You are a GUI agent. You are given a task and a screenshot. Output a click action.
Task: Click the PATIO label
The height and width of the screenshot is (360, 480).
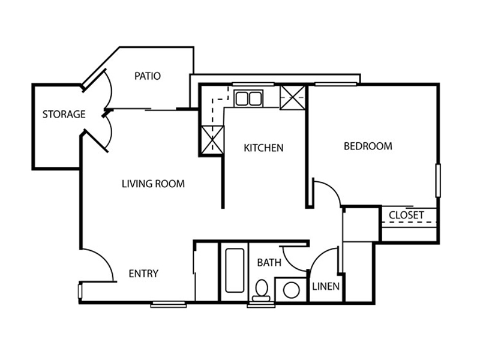point(148,76)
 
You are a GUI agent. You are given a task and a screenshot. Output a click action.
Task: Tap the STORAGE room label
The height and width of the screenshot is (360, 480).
point(64,114)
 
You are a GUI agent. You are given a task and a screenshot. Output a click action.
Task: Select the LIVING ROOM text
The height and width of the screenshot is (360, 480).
point(153,184)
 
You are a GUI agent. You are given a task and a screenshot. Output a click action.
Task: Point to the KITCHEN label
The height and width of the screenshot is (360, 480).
point(263,148)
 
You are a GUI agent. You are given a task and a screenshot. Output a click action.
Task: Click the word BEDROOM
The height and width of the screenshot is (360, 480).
point(368,146)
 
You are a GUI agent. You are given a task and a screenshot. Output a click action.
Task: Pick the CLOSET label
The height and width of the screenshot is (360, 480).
point(407,215)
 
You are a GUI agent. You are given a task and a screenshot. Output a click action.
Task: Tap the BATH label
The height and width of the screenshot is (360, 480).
point(269,263)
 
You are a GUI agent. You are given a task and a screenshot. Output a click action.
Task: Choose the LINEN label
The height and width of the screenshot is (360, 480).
point(326,287)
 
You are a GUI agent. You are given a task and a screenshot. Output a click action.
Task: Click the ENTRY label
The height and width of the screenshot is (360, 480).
point(143,274)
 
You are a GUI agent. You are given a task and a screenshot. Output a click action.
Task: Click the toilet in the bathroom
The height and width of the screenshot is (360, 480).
point(262,290)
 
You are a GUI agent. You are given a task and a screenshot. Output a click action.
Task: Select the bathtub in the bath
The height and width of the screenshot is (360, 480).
point(235,270)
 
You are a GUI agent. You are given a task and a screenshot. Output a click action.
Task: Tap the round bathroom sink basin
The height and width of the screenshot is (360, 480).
point(291,290)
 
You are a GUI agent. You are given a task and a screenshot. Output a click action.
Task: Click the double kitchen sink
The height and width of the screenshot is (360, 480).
point(248,98)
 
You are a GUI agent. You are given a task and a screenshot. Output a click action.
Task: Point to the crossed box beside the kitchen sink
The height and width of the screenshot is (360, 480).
point(293,97)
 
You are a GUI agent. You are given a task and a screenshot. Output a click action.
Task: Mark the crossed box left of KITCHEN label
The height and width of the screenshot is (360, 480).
point(212,139)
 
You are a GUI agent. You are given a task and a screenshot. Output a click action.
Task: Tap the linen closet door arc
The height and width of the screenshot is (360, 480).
point(320,255)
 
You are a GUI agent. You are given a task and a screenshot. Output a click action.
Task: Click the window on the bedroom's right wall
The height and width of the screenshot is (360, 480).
point(438,181)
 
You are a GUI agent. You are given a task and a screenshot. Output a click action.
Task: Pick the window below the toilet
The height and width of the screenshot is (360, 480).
point(261,305)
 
